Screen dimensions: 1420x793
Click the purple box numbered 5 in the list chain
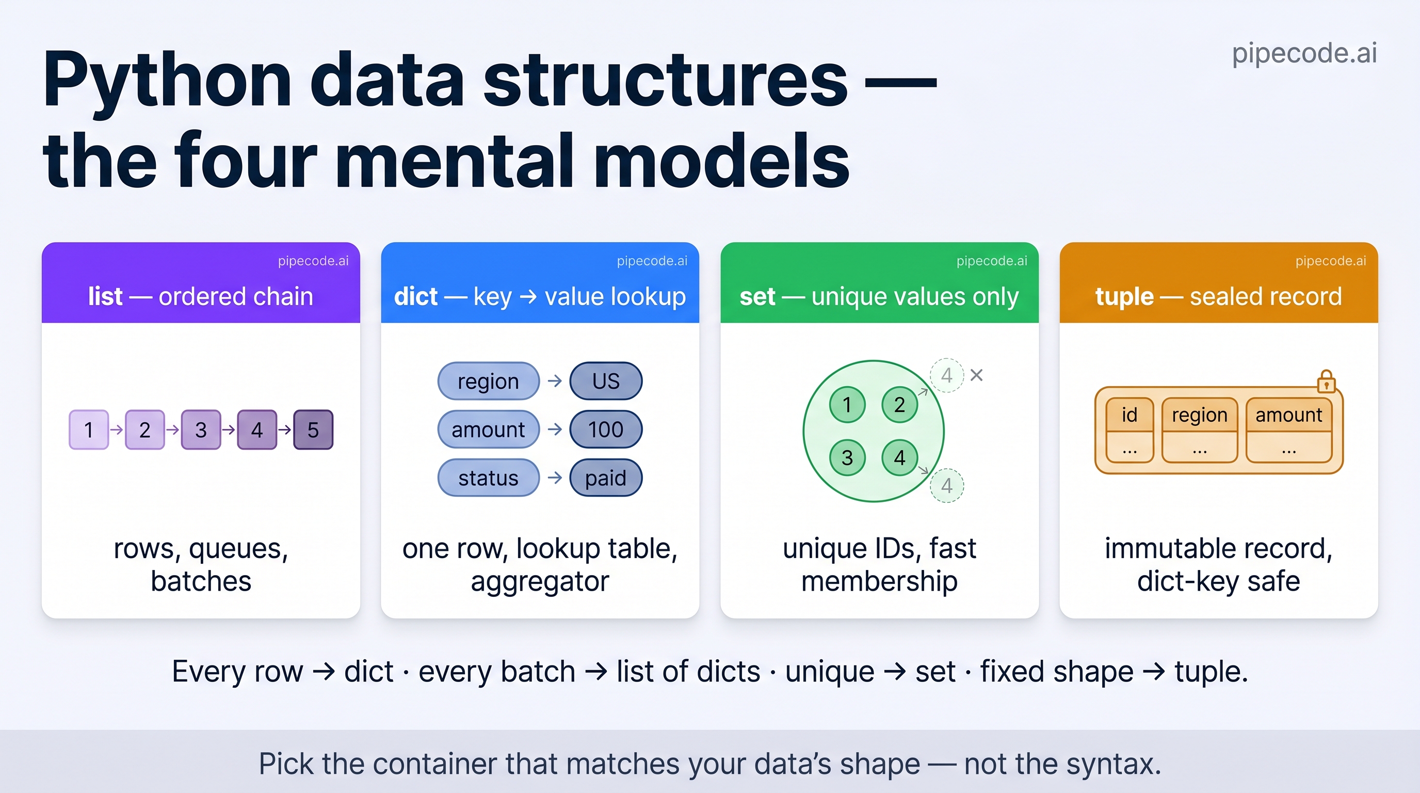[313, 430]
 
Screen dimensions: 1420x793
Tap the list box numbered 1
[89, 430]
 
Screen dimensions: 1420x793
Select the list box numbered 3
[201, 430]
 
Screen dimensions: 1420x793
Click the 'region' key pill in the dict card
[489, 381]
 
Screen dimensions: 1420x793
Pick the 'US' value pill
[606, 381]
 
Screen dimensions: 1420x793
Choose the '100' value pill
[606, 429]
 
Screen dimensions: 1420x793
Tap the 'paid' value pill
[606, 478]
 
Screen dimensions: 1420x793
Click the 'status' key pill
[489, 478]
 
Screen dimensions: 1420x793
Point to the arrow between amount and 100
[555, 429]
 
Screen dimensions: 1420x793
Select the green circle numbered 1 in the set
[847, 405]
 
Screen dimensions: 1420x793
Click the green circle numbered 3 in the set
[847, 458]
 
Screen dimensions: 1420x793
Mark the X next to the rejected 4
[976, 375]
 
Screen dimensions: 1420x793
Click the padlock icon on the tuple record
[1326, 381]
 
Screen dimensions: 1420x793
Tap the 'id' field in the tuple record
[1129, 431]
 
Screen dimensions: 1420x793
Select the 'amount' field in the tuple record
[1289, 431]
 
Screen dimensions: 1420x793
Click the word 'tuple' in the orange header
[1124, 297]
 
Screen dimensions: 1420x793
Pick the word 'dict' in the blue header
[416, 297]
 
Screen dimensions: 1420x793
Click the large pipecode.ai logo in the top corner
[1304, 53]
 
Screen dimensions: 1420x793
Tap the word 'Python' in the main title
[167, 81]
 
